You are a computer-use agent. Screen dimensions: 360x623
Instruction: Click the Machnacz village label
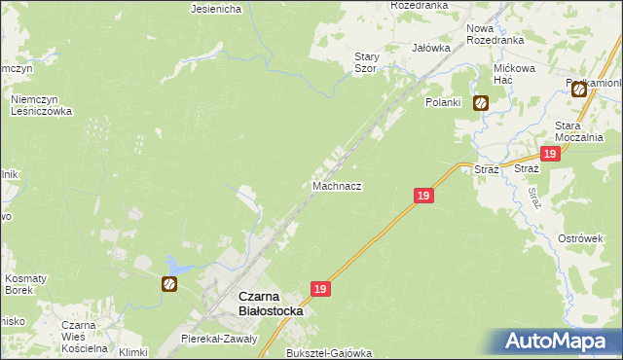pos(338,185)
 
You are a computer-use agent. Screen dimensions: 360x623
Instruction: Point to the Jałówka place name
pos(431,47)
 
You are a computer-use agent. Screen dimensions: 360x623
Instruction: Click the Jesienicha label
pos(216,10)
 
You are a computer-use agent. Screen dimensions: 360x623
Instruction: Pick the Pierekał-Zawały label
pos(219,339)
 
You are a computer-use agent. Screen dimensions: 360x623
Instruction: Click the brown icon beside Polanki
pos(481,102)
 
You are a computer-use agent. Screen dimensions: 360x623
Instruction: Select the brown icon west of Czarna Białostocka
pos(169,284)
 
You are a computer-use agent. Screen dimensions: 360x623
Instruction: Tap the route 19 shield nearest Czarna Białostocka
pos(321,289)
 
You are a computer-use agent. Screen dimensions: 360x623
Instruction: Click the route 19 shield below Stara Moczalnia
pos(550,154)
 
